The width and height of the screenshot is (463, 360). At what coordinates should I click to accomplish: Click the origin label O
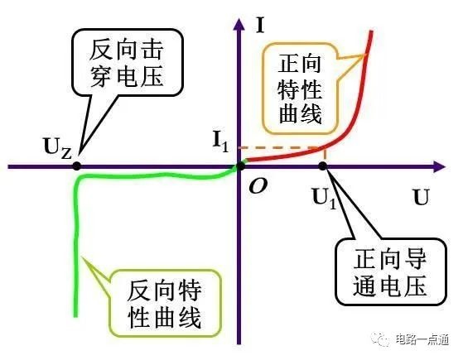pos(258,186)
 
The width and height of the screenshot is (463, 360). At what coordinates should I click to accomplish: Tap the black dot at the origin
pos(241,166)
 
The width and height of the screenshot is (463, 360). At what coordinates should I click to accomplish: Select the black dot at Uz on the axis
pos(77,166)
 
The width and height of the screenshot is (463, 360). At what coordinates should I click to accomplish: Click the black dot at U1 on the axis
pos(323,166)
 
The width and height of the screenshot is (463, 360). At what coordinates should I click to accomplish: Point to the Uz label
pos(58,148)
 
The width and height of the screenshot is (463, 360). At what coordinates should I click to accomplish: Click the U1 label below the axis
pos(324,199)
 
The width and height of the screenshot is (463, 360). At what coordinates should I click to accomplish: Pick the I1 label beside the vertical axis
pos(221,142)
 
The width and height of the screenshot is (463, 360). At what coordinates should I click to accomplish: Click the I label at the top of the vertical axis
pos(260,25)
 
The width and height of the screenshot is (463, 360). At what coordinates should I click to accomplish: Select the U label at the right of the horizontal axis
pos(421,197)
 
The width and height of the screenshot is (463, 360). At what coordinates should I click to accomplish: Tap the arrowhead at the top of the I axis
pos(239,24)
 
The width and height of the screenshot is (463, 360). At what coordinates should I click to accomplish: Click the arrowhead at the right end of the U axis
pos(439,167)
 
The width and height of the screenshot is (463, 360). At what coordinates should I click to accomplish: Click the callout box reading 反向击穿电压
pos(128,63)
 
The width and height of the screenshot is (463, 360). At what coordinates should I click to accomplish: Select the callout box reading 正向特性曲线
pos(300,89)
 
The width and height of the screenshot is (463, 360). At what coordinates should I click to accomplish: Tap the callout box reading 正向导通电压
pos(390,272)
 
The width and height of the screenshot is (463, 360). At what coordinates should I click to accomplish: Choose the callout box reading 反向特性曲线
pos(165,304)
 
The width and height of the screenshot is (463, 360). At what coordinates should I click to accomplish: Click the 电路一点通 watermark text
pos(422,339)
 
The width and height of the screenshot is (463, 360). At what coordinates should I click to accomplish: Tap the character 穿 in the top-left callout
pos(100,77)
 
